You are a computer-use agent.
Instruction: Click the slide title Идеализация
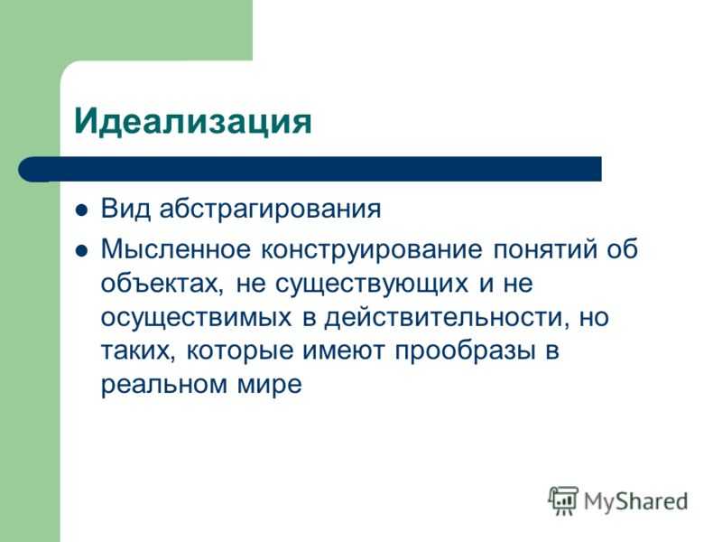(193, 122)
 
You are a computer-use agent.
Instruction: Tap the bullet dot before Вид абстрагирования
(81, 210)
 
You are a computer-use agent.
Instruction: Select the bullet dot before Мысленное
(81, 251)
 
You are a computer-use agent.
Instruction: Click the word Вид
(125, 209)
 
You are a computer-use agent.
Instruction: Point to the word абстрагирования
(270, 210)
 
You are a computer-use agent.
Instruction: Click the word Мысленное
(176, 249)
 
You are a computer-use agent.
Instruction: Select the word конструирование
(372, 251)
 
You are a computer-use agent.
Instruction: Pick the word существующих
(372, 285)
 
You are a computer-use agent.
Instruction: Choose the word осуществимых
(196, 319)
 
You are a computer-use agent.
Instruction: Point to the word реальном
(164, 386)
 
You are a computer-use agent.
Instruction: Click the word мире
(270, 386)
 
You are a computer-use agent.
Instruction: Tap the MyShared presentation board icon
(563, 501)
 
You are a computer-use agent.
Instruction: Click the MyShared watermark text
(636, 501)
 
